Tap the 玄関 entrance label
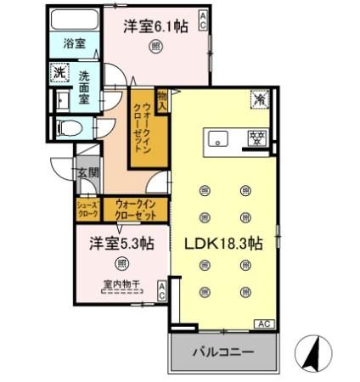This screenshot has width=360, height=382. [x=89, y=174]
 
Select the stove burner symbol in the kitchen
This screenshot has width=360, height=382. [x=253, y=139]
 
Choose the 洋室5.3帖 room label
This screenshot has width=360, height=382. [x=121, y=244]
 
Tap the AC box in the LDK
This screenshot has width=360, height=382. [x=263, y=324]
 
